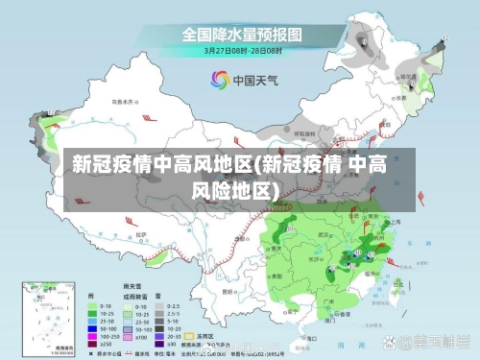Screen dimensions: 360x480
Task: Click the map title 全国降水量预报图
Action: (242, 35)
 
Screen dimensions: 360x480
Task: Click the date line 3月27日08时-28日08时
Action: (242, 50)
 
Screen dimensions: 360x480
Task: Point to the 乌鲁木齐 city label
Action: (124, 100)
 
